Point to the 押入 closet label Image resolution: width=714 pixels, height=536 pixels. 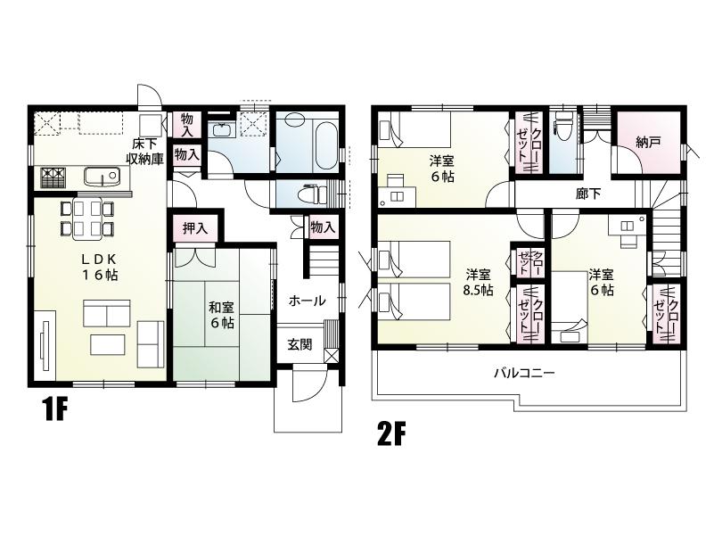(x=195, y=228)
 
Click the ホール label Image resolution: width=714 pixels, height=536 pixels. (x=307, y=301)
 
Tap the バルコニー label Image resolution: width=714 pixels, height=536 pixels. (x=525, y=373)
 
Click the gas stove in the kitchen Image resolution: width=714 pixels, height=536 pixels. (x=52, y=177)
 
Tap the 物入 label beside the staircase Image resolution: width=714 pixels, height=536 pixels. (x=323, y=227)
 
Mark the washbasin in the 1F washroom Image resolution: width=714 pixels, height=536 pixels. (x=220, y=132)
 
